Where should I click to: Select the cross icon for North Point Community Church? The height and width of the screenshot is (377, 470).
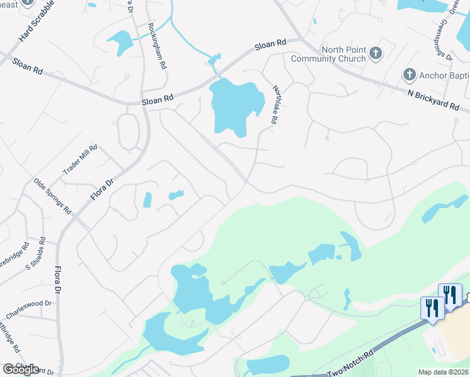tap(376, 53)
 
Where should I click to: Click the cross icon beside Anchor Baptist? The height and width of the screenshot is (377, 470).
tap(409, 75)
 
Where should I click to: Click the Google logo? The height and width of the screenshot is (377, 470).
tap(20, 369)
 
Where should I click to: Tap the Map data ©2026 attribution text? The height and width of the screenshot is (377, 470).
tap(443, 372)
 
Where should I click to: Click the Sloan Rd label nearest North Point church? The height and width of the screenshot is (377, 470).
tap(270, 45)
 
